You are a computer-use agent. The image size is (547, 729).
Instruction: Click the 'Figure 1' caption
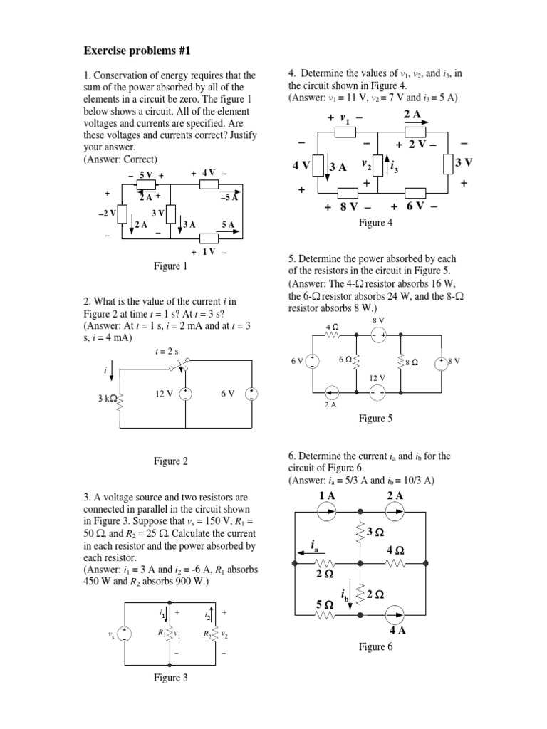pyautogui.click(x=171, y=266)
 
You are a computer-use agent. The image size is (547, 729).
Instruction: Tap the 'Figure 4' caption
pyautogui.click(x=375, y=223)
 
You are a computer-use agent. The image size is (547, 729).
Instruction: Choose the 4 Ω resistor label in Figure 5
pyautogui.click(x=331, y=326)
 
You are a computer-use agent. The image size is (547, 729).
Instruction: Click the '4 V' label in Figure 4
pyautogui.click(x=301, y=165)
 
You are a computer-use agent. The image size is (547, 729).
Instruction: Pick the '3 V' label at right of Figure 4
pyautogui.click(x=464, y=163)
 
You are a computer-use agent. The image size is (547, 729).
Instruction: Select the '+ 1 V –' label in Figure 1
pyautogui.click(x=209, y=252)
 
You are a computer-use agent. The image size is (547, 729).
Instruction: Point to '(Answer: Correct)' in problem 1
pyautogui.click(x=120, y=159)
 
